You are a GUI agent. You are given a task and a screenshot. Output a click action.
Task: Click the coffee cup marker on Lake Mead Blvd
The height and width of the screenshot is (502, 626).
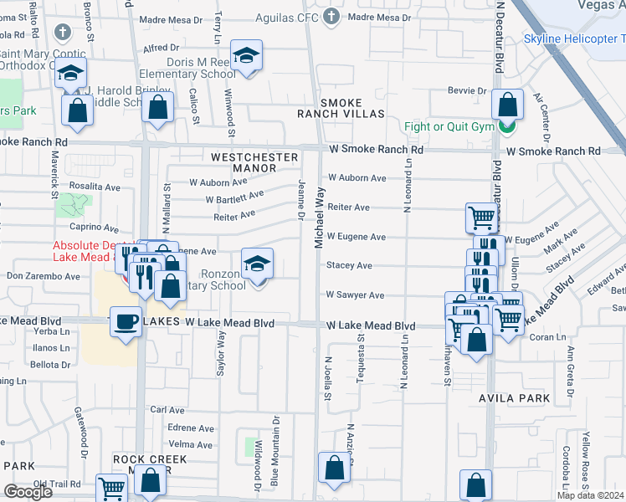coord(126,322)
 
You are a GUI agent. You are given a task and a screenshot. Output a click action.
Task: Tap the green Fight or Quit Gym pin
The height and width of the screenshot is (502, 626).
coord(505,126)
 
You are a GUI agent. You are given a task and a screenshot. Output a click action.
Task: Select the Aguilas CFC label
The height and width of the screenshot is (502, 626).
coord(291,16)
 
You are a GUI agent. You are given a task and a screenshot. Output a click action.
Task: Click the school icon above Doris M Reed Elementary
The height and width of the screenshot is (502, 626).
coord(245,56)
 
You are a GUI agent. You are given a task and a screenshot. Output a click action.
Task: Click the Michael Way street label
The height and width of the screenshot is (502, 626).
coord(319,217)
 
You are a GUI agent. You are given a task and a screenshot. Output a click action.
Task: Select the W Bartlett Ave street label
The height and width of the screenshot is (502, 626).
coord(235,197)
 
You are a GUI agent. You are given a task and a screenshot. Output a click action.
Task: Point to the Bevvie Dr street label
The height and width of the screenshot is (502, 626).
coord(469,90)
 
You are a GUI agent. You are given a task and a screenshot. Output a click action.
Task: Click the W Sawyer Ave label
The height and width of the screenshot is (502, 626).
coord(355,295)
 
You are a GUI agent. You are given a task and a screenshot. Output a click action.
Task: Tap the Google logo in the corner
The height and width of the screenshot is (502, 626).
coord(28,492)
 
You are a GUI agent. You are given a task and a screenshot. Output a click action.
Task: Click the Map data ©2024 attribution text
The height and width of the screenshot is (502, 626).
coord(591,495)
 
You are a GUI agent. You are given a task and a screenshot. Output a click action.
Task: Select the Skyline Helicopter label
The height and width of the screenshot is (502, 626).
coord(574,39)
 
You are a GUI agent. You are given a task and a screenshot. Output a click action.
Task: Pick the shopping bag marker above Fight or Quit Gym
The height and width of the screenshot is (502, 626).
coord(507,105)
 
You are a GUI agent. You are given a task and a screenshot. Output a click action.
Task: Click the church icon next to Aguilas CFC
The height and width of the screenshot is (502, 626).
coord(331,16)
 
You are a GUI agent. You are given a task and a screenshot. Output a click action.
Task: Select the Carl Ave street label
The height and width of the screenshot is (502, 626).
coord(167,410)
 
